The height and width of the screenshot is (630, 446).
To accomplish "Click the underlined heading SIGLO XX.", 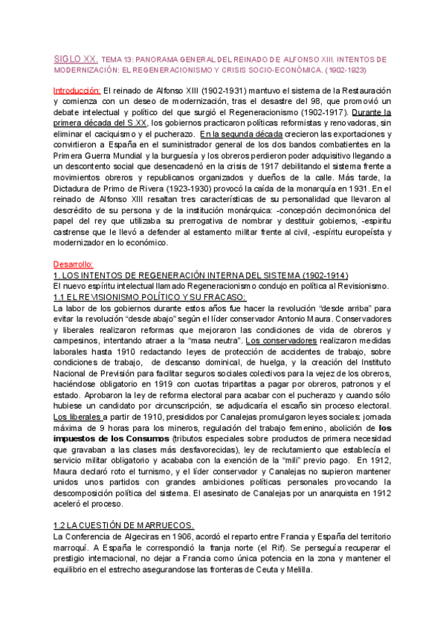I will (x=75, y=57).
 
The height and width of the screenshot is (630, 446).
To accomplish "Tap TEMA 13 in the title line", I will (x=116, y=58).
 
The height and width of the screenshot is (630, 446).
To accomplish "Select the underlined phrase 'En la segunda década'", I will (x=236, y=133).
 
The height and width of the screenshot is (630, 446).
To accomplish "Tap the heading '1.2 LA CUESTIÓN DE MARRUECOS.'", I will (x=124, y=525).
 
